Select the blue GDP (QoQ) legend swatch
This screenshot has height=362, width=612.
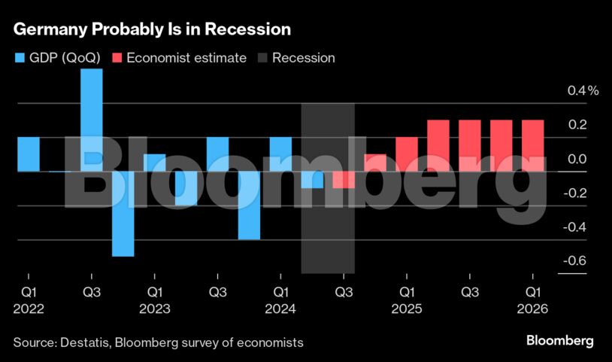coord(20,58)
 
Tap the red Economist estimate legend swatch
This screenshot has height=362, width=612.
coord(118,58)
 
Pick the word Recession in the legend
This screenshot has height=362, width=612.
coord(303,58)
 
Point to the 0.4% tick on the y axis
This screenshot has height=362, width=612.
coord(583,91)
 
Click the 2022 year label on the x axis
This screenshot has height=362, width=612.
coord(29,309)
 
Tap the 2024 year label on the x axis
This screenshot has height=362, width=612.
coord(280,309)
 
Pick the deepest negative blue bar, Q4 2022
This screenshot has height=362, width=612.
coord(123,214)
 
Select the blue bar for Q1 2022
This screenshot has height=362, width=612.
coord(29,154)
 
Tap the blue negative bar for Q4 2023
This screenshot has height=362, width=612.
coord(249,205)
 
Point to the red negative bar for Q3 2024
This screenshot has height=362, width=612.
coord(344,180)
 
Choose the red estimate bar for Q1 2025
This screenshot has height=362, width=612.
coord(407,154)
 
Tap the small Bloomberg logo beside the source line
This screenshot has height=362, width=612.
coord(560,341)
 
